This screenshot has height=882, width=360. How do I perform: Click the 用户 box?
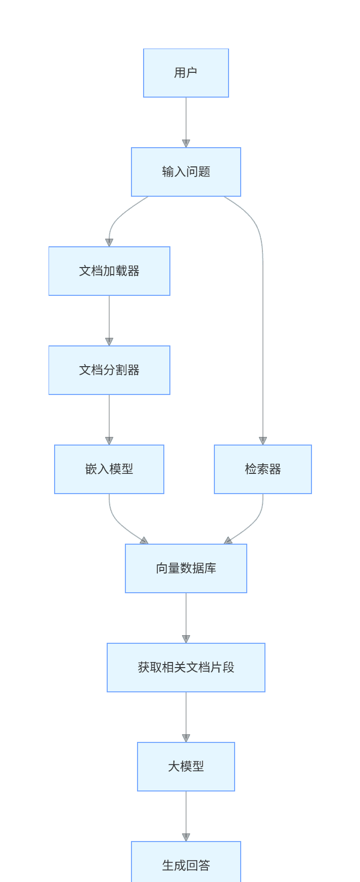tap(186, 73)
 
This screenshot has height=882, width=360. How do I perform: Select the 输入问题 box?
tap(186, 172)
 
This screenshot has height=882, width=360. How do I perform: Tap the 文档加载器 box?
tap(109, 271)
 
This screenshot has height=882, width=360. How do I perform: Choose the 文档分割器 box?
tap(109, 370)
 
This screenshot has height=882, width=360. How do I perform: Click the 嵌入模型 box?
tap(109, 469)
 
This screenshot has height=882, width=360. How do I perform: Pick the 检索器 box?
tap(263, 469)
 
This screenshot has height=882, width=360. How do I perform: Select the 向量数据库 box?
tap(186, 568)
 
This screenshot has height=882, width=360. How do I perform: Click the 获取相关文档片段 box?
tap(186, 668)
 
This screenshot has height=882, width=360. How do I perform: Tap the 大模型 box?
tap(186, 767)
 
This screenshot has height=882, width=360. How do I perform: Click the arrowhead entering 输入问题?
tap(186, 144)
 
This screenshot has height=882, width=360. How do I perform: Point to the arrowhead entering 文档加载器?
tap(109, 243)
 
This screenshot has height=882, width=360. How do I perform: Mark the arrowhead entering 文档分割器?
tap(109, 342)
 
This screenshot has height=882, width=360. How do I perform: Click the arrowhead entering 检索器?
tap(263, 441)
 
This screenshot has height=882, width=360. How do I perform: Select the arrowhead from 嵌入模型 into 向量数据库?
tap(144, 541)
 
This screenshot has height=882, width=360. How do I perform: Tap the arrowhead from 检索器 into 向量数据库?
tap(229, 541)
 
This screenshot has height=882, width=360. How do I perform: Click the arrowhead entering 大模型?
tap(186, 738)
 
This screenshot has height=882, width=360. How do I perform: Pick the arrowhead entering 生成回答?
tap(186, 837)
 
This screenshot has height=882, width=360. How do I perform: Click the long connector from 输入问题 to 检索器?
tap(263, 329)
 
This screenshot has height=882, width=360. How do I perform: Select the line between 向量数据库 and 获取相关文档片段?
tap(186, 614)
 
